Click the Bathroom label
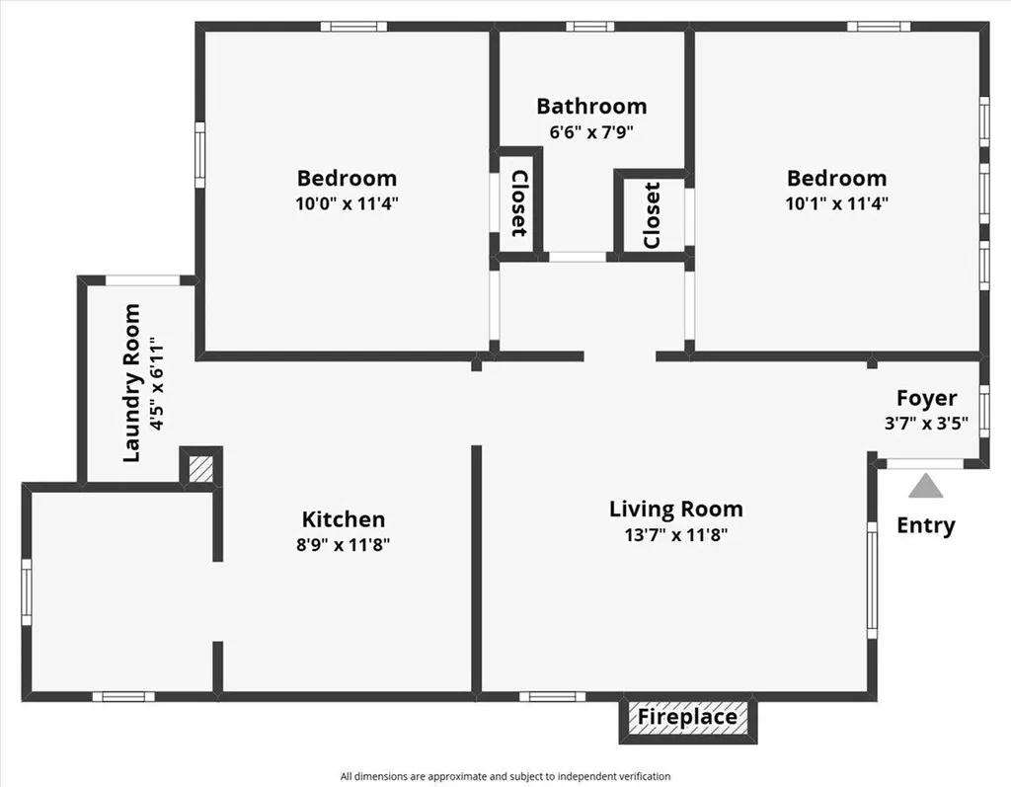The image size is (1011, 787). (x=591, y=106)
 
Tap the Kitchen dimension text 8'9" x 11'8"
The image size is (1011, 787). (x=343, y=544)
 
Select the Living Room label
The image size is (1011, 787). (x=675, y=510)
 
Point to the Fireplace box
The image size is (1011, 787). (x=687, y=718)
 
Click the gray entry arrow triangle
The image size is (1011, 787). (x=925, y=486)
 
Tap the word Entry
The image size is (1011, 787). (x=925, y=525)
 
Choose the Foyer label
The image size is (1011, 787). (x=926, y=398)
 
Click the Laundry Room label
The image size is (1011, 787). (x=131, y=383)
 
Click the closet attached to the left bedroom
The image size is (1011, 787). (x=517, y=202)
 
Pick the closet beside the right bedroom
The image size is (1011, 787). (x=651, y=215)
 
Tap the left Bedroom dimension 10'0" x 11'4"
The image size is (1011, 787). (x=347, y=203)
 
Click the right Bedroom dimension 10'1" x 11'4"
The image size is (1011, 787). (x=836, y=203)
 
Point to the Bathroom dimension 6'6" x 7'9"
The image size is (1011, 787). (x=591, y=131)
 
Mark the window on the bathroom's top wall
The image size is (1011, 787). (x=589, y=27)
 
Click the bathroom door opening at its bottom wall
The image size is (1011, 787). (x=578, y=257)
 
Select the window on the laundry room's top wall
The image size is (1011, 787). (x=143, y=280)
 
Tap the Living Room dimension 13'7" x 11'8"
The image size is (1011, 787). (x=675, y=535)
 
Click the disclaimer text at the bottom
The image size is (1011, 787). (x=505, y=776)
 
